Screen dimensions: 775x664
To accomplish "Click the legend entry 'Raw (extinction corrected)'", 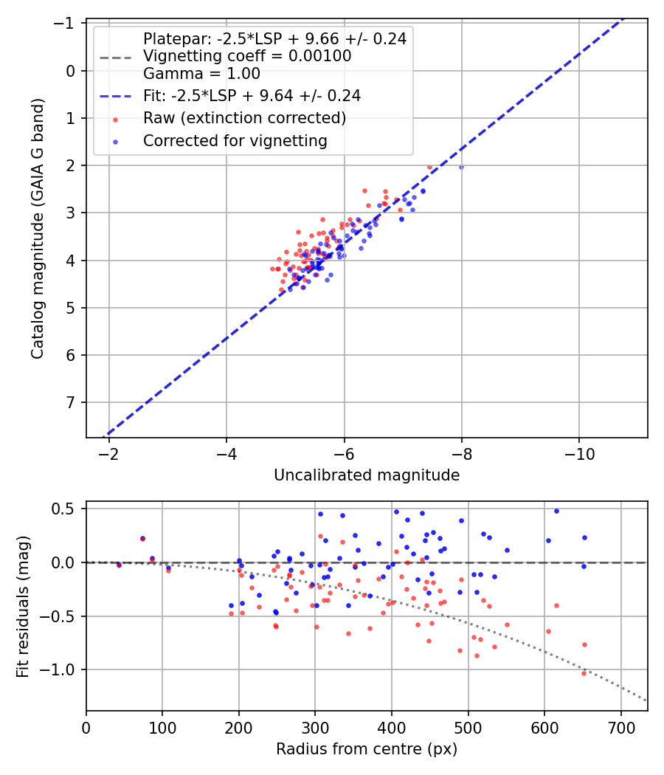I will pos(244,118).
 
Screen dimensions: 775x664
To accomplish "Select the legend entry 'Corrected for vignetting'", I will pos(235,140).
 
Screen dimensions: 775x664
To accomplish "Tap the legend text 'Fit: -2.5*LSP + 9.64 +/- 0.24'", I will pos(252,95).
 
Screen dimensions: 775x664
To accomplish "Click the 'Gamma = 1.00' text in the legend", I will pos(201,74).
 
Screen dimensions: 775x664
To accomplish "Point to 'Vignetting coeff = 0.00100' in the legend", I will pos(247,56).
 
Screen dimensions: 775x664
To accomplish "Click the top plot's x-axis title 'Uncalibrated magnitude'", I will pos(367,475).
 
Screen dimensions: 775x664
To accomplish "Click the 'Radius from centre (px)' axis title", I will pos(367,749).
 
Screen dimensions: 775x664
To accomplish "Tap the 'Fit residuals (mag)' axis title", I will pos(23,606).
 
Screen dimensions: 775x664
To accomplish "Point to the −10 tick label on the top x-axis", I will pos(578,452).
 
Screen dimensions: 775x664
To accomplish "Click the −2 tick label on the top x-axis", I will pos(109,452).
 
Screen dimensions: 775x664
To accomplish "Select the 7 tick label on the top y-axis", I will pos(73,402).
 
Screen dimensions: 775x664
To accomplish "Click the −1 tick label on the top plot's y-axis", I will pos(69,24).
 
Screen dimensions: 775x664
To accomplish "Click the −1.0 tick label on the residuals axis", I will pos(62,669).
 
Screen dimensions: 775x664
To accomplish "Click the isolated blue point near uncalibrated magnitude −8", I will pos(461,168).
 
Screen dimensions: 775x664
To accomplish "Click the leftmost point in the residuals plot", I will pos(119,565).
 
